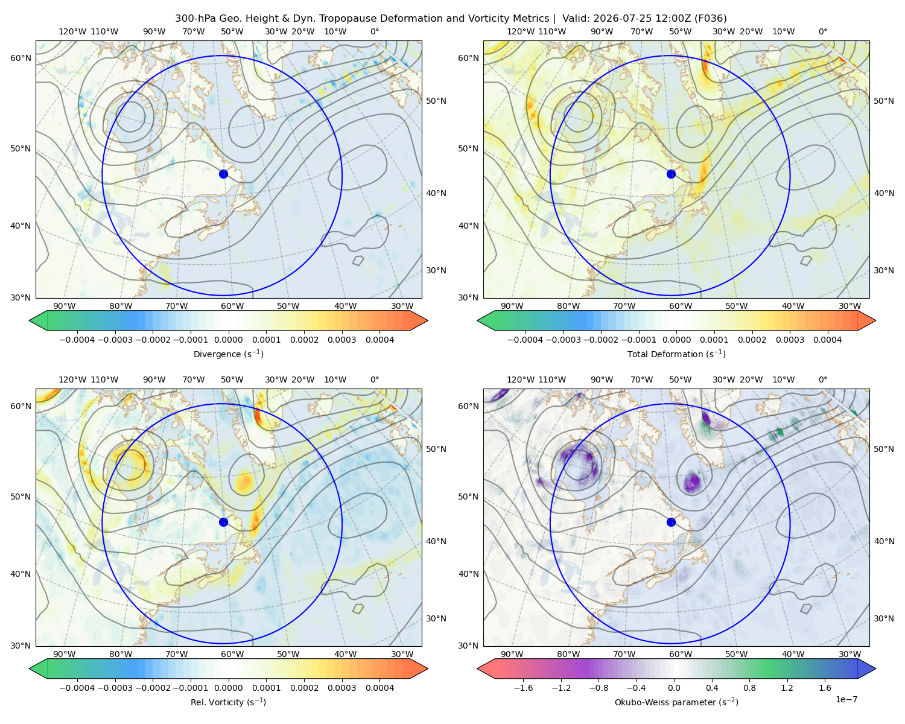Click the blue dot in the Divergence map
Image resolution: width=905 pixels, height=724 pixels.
223,174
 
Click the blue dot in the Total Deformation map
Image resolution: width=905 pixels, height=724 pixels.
671,174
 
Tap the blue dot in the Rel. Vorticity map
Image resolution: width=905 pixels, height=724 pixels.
223,522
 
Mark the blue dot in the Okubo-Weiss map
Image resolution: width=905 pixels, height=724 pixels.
671,522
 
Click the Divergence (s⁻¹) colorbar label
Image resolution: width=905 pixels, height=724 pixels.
228,354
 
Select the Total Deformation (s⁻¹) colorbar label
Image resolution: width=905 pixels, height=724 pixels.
676,354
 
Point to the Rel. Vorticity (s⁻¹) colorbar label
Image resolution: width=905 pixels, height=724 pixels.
228,702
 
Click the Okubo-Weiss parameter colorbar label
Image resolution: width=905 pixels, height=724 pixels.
676,702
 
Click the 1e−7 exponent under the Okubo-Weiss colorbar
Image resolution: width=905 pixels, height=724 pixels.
846,699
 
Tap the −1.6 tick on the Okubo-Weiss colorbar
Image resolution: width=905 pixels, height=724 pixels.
523,687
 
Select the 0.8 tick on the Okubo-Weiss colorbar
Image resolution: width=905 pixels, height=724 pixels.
749,687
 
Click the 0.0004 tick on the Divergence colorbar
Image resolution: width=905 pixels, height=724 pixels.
379,340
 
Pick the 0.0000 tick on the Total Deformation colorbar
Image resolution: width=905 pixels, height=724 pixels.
676,340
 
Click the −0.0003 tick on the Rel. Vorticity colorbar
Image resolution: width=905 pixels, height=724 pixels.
115,687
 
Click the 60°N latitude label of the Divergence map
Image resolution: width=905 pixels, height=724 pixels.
21,58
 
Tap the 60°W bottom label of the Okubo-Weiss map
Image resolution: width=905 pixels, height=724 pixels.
681,654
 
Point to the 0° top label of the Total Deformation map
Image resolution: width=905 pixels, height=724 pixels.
822,31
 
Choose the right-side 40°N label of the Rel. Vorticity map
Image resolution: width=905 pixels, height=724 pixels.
436,541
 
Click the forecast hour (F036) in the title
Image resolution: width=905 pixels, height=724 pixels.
711,18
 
